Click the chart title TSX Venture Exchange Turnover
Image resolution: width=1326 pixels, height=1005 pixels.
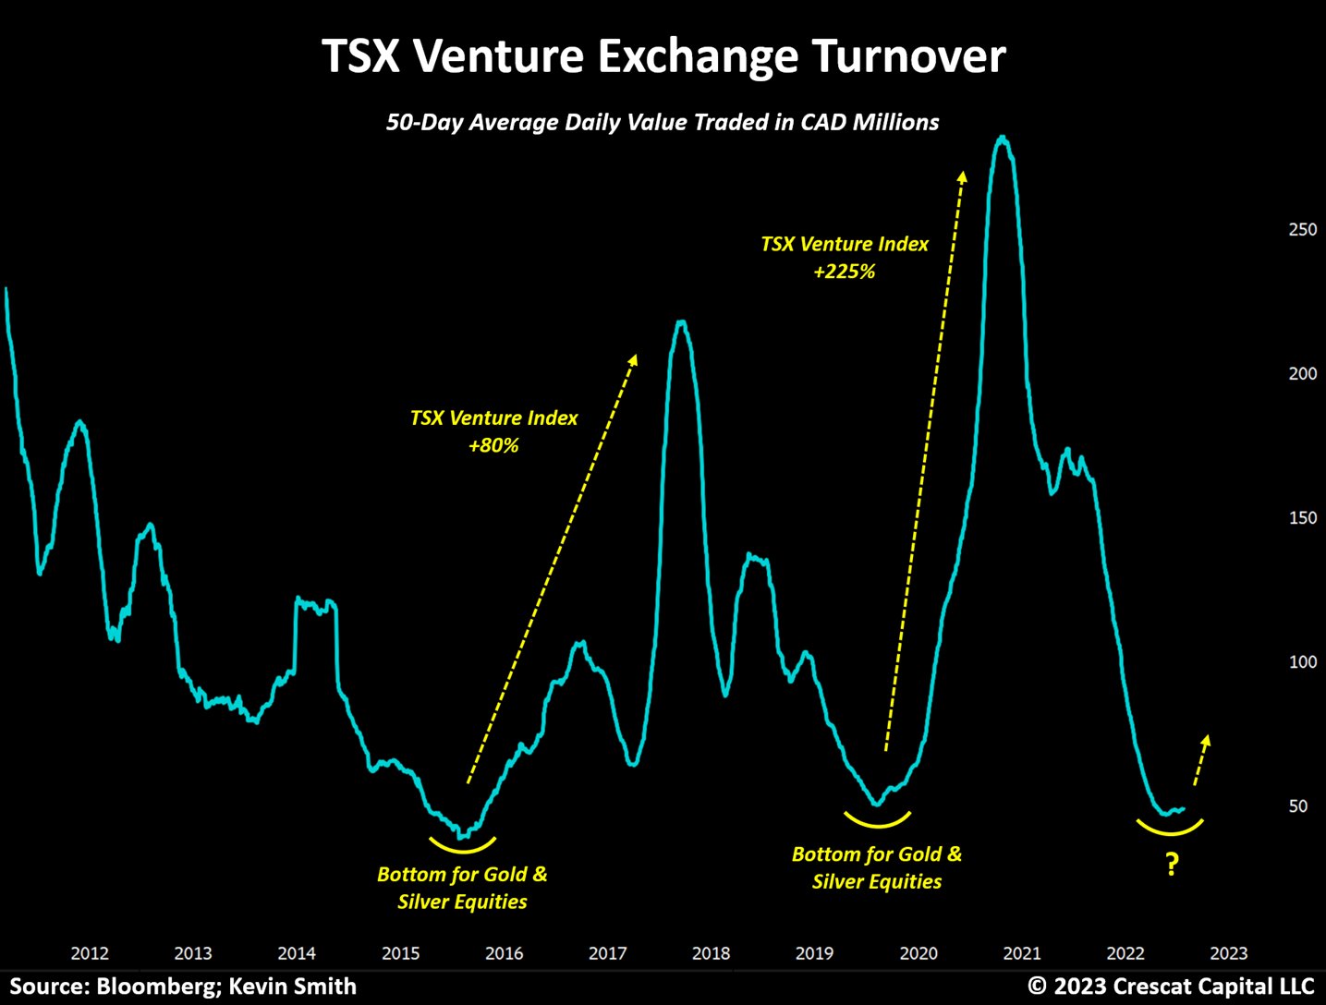(x=663, y=56)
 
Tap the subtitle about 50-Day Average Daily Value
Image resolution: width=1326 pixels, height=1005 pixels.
(x=663, y=122)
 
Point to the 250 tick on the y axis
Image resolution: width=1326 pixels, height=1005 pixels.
(x=1303, y=229)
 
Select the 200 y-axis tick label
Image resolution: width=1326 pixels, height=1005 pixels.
(x=1303, y=373)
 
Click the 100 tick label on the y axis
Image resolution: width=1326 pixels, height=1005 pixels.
(x=1303, y=662)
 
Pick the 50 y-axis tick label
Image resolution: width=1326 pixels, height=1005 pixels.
(x=1297, y=806)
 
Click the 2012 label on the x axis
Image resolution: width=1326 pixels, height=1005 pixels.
(x=90, y=953)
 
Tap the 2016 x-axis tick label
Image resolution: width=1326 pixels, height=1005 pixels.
(x=504, y=953)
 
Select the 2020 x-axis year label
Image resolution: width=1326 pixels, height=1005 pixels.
(x=918, y=953)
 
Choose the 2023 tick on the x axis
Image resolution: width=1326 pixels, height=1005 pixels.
(x=1229, y=953)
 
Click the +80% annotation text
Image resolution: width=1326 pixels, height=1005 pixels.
(x=493, y=446)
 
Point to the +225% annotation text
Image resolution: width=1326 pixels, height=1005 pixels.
(x=844, y=272)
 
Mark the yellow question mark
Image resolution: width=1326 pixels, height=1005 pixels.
(x=1172, y=865)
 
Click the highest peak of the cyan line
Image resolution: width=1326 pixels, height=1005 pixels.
(x=1003, y=138)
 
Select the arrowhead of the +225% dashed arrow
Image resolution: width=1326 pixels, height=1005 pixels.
(x=962, y=176)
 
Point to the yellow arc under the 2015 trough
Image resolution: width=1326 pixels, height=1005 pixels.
(x=462, y=851)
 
